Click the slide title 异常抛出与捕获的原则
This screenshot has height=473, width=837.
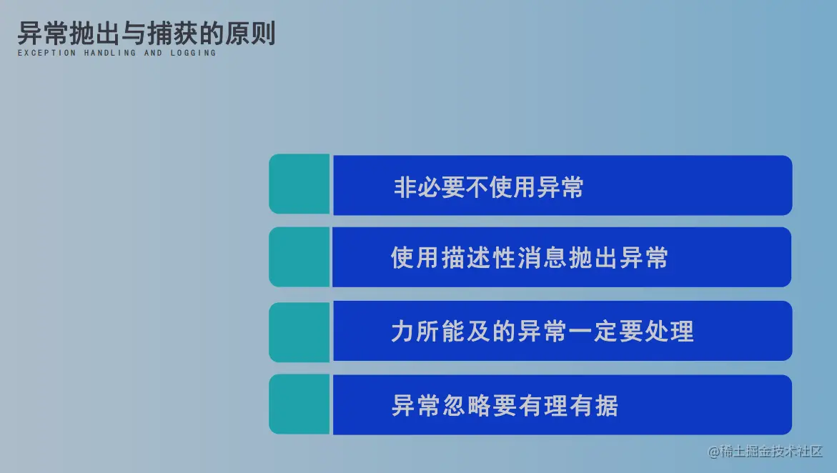pos(147,33)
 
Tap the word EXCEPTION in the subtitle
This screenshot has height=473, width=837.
pos(47,53)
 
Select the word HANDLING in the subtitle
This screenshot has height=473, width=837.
pos(110,53)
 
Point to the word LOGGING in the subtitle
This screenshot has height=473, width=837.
pos(193,53)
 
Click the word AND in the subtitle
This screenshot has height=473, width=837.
pos(153,53)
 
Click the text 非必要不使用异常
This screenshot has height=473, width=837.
pos(488,187)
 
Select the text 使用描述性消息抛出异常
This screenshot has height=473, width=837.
pos(530,258)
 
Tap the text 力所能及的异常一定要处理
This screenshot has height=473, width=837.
pos(543,331)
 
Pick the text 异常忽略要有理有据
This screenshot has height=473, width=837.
pos(505,405)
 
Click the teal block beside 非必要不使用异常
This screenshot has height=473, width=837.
pos(299,184)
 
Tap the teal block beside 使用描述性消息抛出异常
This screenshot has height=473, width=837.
pos(299,257)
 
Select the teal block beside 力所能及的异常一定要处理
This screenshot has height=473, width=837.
pos(299,332)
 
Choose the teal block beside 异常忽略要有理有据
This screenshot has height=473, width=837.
pos(299,404)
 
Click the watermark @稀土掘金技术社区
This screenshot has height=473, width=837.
pos(765,452)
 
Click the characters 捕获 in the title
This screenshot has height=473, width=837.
pos(172,33)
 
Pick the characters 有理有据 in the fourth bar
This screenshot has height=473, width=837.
pos(568,405)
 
